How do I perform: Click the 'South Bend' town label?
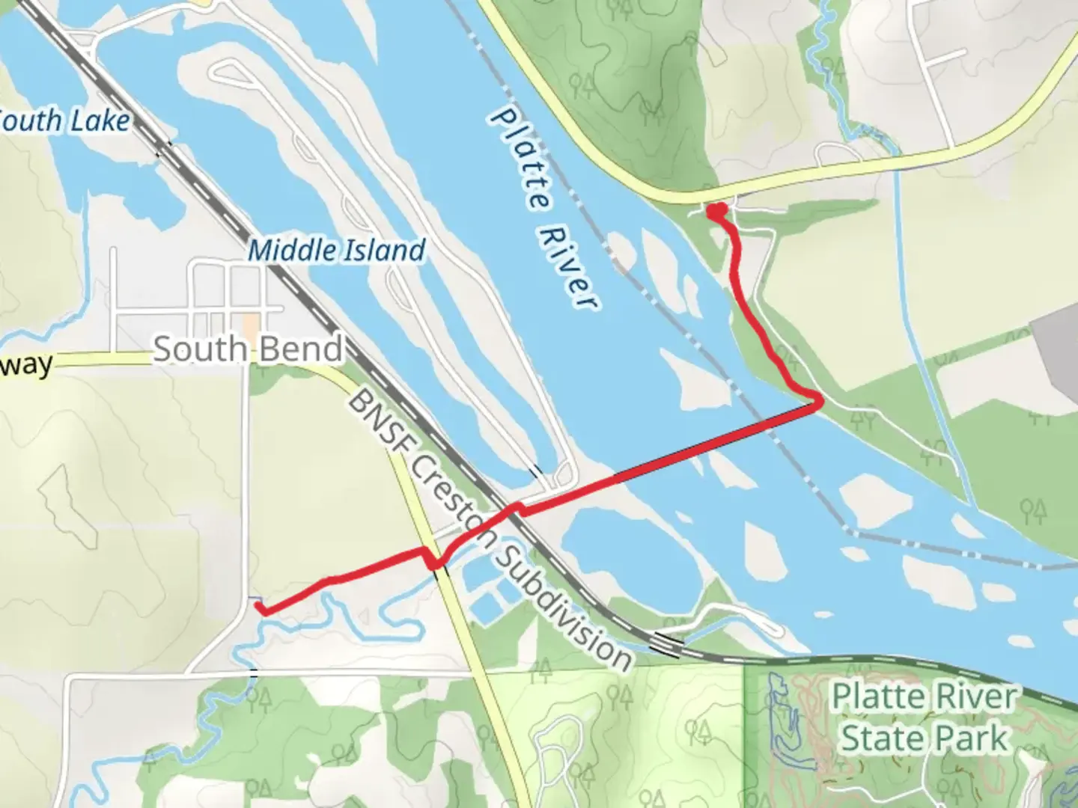(249, 349)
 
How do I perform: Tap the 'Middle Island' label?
(336, 250)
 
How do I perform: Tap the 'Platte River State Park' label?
(925, 717)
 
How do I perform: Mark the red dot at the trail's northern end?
(716, 212)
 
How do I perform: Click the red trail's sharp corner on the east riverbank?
(819, 402)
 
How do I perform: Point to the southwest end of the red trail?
(263, 610)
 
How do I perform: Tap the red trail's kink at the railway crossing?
(515, 509)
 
